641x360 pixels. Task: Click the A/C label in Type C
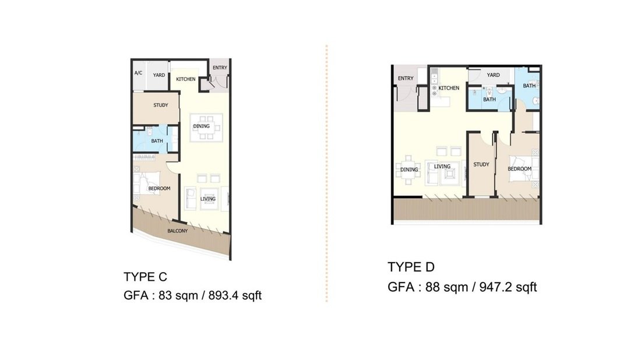138,73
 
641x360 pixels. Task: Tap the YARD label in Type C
159,75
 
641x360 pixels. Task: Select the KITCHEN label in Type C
185,79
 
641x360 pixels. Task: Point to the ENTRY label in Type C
220,68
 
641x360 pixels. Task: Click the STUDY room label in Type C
161,105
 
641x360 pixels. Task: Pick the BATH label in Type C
157,141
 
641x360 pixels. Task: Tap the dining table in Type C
206,128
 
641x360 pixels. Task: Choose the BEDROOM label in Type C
159,188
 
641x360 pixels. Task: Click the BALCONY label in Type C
177,231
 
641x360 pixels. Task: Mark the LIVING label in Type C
207,199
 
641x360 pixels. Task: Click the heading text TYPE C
145,277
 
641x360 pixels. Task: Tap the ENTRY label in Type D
406,78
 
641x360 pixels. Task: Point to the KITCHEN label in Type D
449,88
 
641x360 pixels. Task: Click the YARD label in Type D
493,75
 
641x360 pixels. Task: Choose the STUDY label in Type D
481,164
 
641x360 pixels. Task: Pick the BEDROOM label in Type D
520,169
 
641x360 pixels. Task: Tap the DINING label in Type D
409,170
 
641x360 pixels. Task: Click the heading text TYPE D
411,267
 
